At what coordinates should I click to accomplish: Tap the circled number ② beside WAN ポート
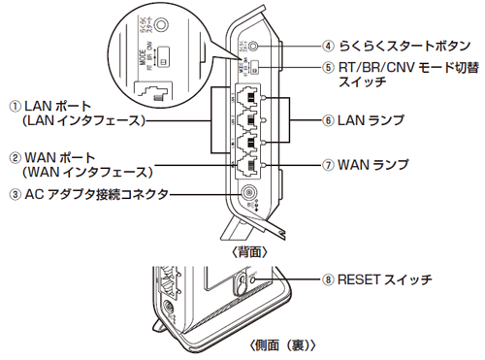(x=15, y=156)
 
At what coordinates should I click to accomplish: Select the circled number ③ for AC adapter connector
(x=15, y=194)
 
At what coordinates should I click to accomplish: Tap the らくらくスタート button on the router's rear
(x=254, y=45)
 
